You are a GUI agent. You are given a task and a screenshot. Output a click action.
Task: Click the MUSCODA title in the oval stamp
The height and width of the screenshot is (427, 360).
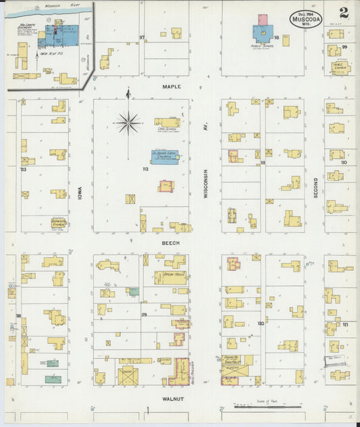pos(306,20)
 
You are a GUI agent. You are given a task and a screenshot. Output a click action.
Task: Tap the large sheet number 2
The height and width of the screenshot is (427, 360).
pos(344,13)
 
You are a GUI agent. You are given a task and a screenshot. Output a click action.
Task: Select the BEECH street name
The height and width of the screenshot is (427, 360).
pos(170,241)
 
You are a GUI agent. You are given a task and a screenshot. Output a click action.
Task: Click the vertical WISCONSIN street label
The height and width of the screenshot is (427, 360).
pos(206,184)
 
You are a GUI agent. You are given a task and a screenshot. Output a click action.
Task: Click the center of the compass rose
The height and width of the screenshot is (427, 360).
pos(128,123)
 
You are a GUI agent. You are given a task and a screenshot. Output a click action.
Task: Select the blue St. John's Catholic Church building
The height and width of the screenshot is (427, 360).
pos(164,157)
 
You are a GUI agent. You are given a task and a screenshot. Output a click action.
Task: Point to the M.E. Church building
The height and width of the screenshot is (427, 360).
pos(340,68)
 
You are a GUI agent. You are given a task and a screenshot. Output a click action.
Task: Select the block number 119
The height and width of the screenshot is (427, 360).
pos(144,315)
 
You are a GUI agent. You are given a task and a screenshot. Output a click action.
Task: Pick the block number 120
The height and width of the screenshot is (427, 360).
pos(260,324)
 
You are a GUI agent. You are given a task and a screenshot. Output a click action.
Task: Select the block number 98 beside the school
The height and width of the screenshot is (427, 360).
pos(276,38)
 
